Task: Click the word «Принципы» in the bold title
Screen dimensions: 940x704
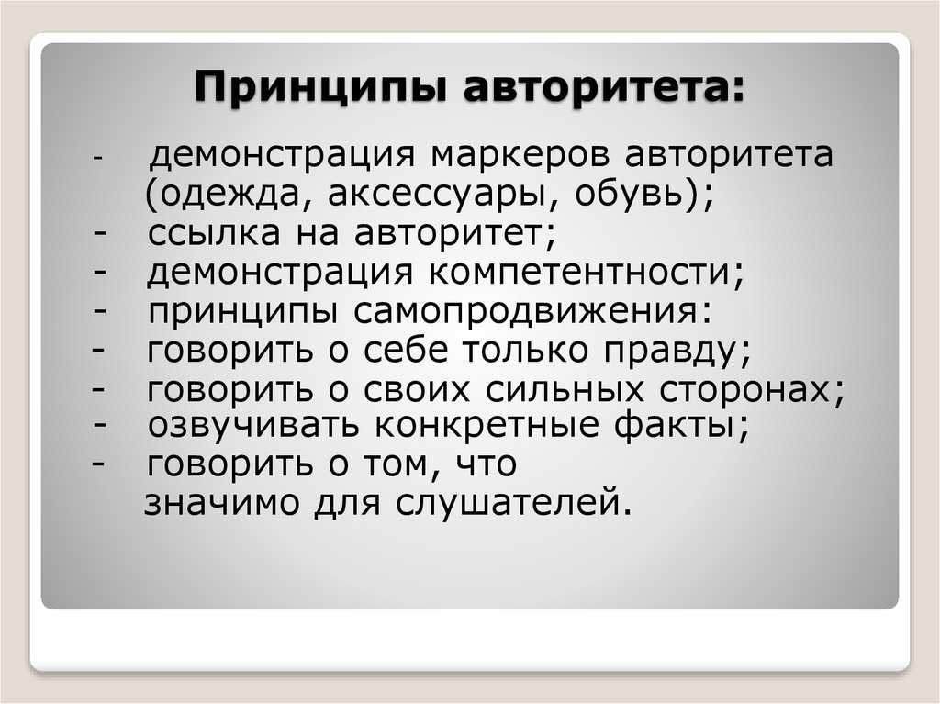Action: (321, 87)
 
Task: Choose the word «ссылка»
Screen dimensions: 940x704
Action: (213, 232)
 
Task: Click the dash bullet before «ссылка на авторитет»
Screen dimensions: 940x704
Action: (100, 234)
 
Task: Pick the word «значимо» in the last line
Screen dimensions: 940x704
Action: (222, 503)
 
